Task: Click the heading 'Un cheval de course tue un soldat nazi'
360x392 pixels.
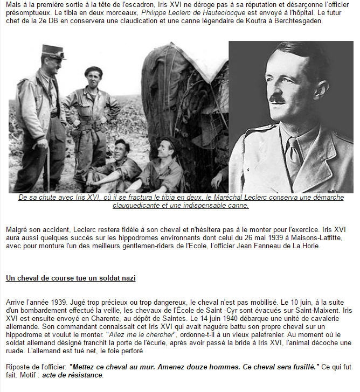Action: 71,278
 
